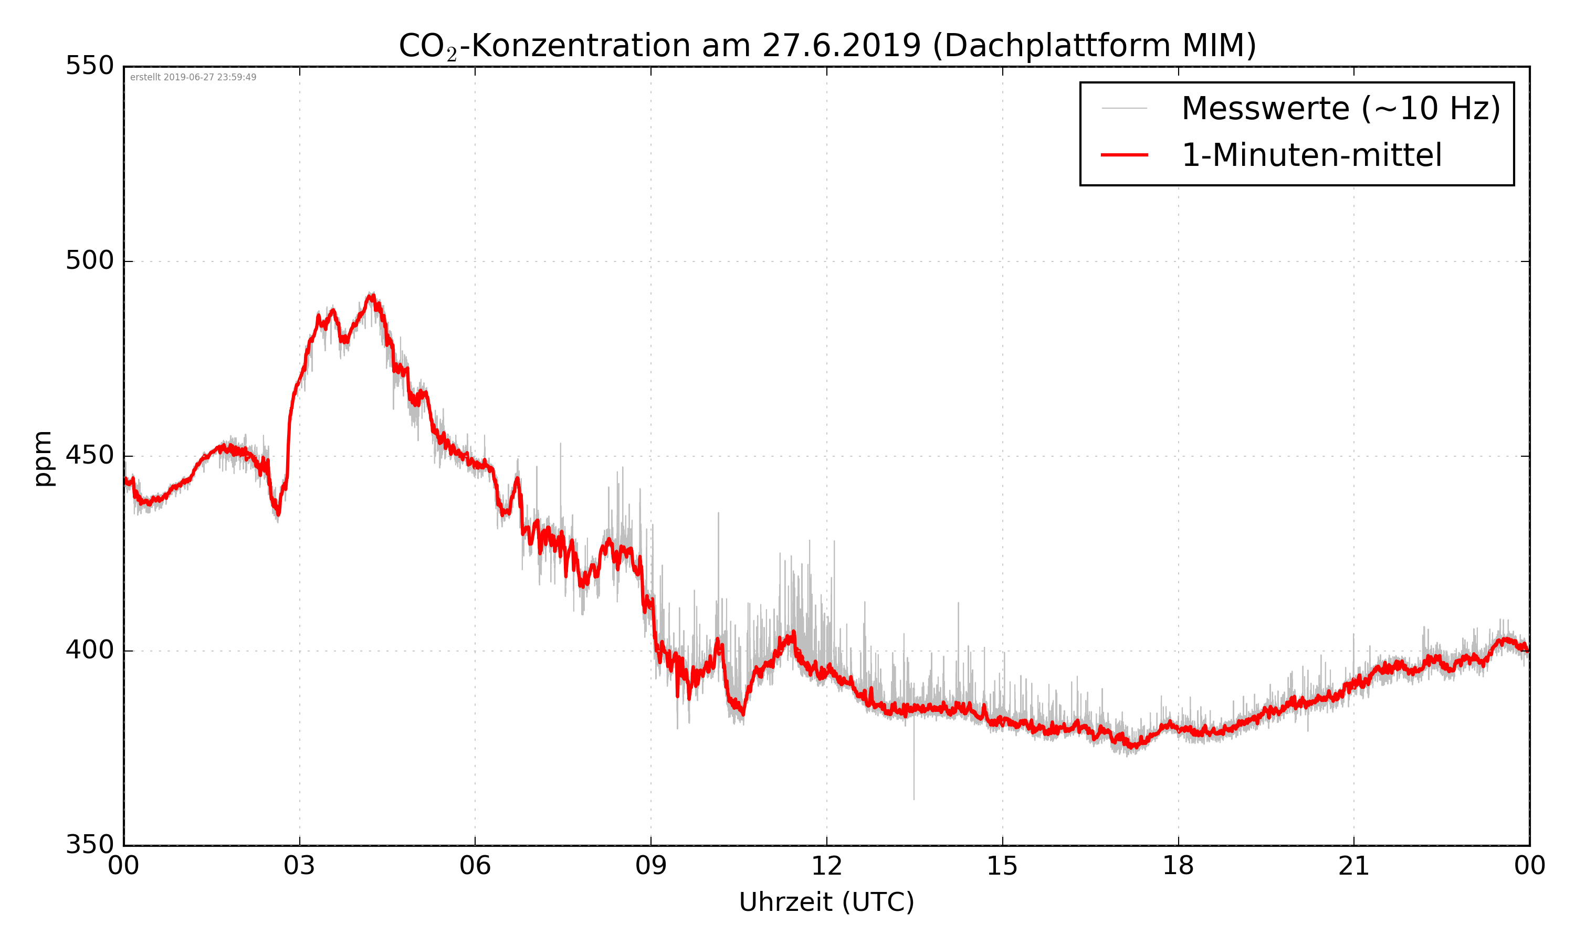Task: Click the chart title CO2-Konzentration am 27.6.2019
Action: click(x=827, y=46)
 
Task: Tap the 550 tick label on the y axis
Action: click(x=90, y=66)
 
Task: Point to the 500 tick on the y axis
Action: click(x=90, y=260)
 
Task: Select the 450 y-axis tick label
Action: click(x=90, y=455)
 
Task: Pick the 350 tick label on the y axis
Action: click(x=90, y=845)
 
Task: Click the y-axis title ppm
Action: click(x=43, y=458)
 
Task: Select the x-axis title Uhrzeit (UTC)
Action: click(x=826, y=902)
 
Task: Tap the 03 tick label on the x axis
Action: click(x=299, y=867)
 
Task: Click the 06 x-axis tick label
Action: click(x=475, y=867)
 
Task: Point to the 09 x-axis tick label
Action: click(x=650, y=867)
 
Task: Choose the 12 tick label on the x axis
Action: click(x=826, y=867)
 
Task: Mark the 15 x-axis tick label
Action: click(x=1002, y=867)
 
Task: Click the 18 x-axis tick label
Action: click(x=1178, y=867)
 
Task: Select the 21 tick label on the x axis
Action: click(x=1353, y=867)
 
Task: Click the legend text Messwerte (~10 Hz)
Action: click(x=1341, y=108)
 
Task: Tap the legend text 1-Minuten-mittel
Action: click(x=1311, y=155)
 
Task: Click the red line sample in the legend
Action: click(x=1124, y=155)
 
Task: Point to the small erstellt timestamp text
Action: click(x=193, y=78)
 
